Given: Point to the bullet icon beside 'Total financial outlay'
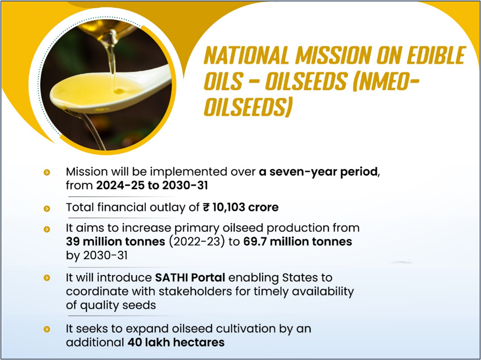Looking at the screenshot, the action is [x=47, y=208].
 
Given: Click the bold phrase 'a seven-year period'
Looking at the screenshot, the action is [x=318, y=172].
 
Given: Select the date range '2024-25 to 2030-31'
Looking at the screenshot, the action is [x=152, y=185].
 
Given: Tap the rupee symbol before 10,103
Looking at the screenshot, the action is [x=206, y=208].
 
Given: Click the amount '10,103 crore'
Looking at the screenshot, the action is [x=245, y=208].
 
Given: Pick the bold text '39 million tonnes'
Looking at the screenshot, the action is [x=115, y=242].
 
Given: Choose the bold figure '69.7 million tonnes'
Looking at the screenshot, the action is [x=297, y=242].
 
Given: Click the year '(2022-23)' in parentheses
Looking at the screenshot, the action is [x=197, y=242].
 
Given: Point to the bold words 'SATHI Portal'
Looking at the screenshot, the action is [x=190, y=278].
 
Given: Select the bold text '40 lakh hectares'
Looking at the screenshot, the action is [x=176, y=342].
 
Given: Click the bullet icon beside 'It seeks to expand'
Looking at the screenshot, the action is [x=47, y=329].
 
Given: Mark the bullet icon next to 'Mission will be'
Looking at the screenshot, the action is [x=47, y=172].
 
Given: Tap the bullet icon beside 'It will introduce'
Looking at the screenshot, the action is [x=47, y=278].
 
